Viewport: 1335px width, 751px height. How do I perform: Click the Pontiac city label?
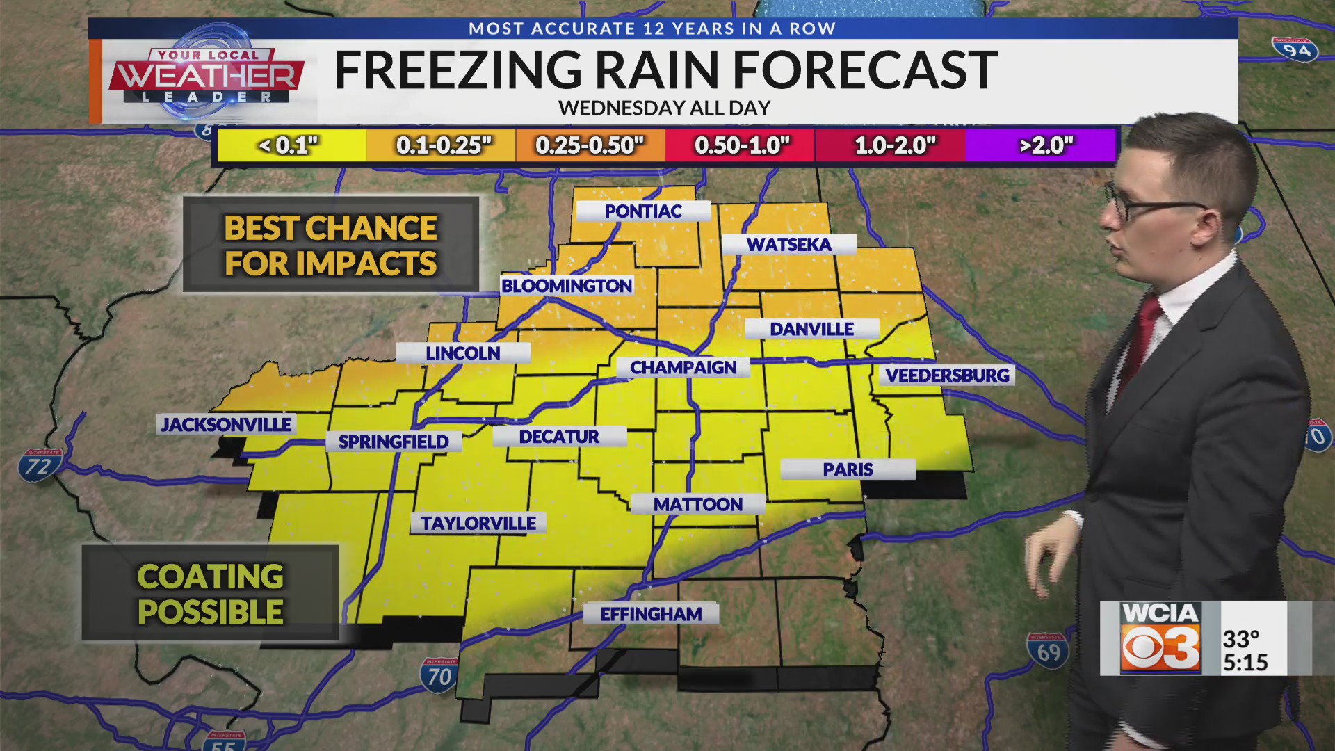coord(643,211)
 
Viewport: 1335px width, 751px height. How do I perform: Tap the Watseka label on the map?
coord(788,245)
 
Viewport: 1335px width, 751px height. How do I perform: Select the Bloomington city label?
coord(567,286)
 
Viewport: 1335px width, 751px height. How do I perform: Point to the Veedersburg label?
coord(946,375)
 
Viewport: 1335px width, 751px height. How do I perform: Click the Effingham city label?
coord(651,614)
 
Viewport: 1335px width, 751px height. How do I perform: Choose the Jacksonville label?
coord(227,424)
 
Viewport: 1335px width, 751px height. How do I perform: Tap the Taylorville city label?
coord(478,523)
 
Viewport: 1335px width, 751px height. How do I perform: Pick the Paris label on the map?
coord(848,469)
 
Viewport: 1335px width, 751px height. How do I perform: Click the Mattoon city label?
coord(697,504)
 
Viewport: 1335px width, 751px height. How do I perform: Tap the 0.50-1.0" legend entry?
coord(742,145)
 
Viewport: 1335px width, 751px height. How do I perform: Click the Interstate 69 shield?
coord(1048,651)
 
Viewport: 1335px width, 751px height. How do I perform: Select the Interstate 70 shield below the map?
coord(439,675)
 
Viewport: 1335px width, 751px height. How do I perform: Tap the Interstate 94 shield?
coord(1296,49)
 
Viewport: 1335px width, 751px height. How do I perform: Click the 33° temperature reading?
coord(1241,638)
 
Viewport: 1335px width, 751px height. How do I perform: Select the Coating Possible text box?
coord(210,594)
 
